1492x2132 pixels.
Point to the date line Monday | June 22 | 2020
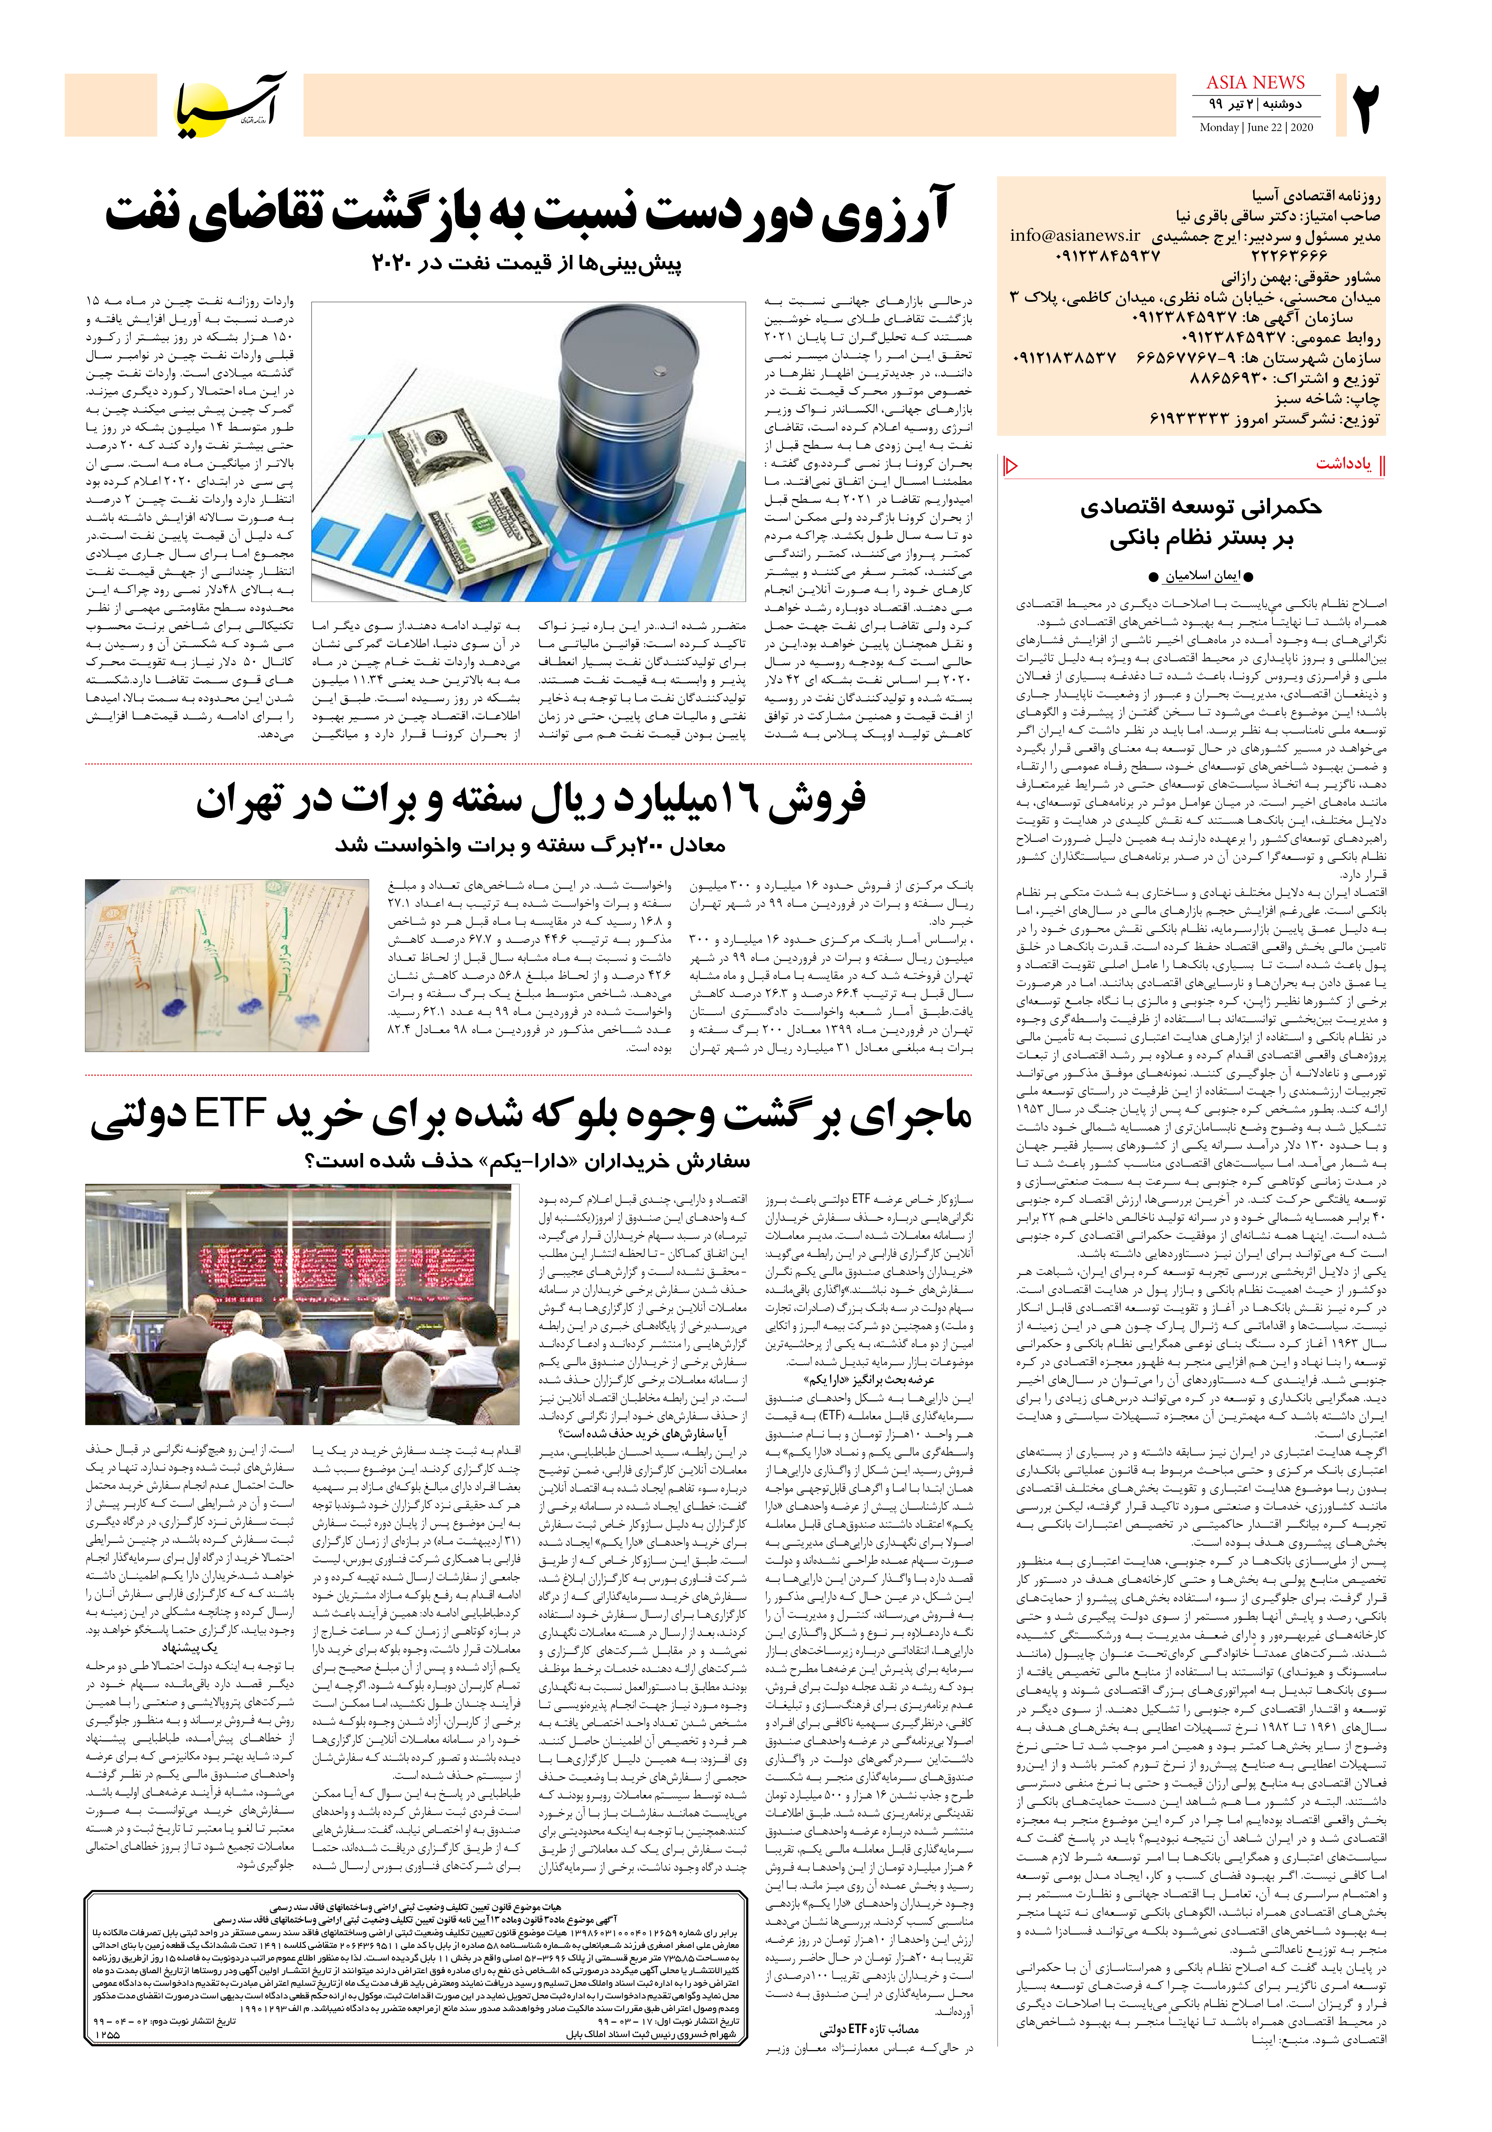[1255, 127]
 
